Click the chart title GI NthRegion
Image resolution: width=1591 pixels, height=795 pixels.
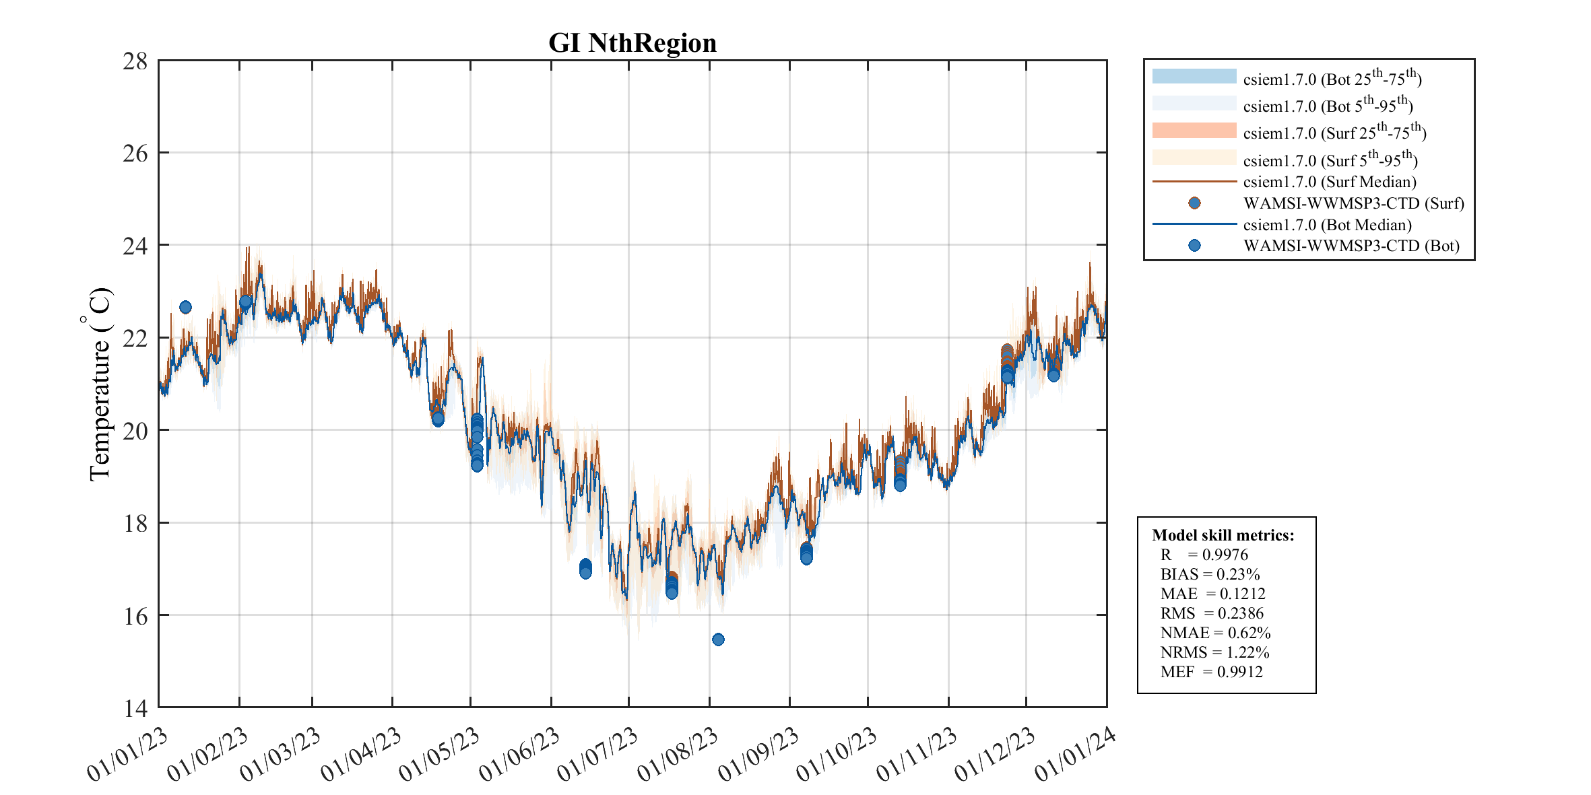pos(632,42)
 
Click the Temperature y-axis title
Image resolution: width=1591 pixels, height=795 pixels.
pos(99,384)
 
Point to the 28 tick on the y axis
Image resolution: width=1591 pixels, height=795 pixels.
pos(135,61)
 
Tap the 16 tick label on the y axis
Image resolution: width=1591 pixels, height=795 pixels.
pos(135,616)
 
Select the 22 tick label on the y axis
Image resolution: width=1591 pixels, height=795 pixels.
pos(135,339)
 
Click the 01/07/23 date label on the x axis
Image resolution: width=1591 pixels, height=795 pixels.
pos(598,754)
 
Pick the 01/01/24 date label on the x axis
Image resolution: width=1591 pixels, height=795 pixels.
pos(1075,754)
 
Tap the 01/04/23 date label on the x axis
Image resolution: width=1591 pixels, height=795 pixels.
pos(361,754)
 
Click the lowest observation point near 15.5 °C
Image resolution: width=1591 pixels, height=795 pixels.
pos(718,639)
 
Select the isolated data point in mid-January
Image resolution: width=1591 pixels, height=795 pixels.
pos(185,307)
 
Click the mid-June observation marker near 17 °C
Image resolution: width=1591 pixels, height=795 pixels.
pos(585,568)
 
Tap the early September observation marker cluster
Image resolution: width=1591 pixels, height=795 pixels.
pos(806,553)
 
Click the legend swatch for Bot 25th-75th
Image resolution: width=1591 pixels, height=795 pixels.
pos(1194,77)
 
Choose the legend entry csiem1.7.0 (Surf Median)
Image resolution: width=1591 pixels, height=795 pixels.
pos(1329,182)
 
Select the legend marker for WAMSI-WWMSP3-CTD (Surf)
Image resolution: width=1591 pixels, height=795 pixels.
pos(1194,203)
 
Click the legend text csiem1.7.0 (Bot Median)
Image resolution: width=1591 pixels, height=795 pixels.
pos(1327,224)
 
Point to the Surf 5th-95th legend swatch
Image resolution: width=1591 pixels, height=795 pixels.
pos(1194,158)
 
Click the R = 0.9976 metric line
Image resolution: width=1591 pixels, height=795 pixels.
pos(1204,555)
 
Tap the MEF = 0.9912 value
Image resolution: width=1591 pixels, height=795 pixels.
pos(1211,672)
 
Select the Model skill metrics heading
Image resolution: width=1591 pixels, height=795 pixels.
pos(1223,535)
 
